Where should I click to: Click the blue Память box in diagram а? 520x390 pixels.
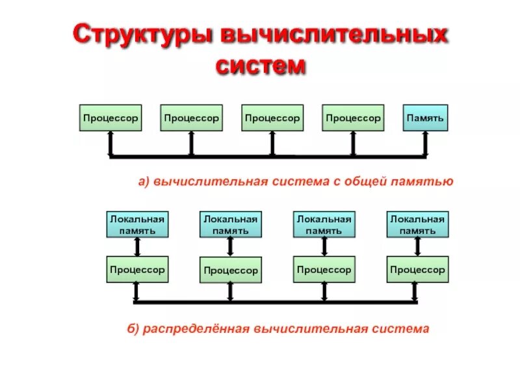[x=425, y=118]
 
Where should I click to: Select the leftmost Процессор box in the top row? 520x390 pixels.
[x=110, y=118]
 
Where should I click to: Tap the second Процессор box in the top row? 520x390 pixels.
[x=191, y=118]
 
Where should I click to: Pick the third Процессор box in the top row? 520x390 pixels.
[x=272, y=118]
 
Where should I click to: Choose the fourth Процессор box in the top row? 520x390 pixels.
[x=353, y=118]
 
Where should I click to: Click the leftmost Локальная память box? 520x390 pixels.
[x=137, y=224]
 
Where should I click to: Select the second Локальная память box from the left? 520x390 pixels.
[x=230, y=224]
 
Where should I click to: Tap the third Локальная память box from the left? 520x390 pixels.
[x=324, y=224]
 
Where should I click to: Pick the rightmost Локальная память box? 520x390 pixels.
[x=417, y=224]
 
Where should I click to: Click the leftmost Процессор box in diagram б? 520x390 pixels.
[x=137, y=269]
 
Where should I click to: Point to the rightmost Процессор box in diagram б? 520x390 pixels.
[x=417, y=269]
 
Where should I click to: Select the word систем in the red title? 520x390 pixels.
[x=260, y=65]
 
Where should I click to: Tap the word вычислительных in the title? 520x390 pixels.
[x=335, y=35]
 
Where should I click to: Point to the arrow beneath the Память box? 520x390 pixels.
[x=425, y=143]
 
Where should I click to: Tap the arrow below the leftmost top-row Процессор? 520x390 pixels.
[x=110, y=143]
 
